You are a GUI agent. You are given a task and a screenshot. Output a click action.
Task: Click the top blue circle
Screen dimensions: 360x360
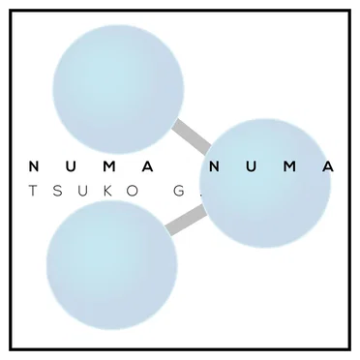coord(118,89)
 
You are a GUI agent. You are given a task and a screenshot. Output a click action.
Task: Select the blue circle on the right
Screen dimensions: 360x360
coord(265,183)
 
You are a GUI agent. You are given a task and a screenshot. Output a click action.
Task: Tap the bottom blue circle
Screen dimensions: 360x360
coord(112,265)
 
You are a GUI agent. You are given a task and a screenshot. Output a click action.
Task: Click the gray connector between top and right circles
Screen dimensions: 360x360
coord(192,136)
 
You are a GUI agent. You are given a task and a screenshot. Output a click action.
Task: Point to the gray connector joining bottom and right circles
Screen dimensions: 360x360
coord(187,220)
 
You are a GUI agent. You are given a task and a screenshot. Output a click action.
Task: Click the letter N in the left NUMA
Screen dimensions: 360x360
coord(34,166)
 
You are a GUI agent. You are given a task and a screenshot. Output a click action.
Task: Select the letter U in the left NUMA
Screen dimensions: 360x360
coord(73,166)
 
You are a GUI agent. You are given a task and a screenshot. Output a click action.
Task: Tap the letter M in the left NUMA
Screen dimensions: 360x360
coord(110,166)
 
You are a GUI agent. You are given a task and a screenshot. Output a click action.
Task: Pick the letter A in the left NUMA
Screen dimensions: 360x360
coord(148,166)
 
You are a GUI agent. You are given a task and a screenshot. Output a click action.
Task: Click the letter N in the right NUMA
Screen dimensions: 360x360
coord(215,166)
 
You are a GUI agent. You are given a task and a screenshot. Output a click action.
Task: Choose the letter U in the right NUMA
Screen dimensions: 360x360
coord(253,166)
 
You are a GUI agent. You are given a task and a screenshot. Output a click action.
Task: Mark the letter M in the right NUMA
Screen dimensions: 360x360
coord(291,166)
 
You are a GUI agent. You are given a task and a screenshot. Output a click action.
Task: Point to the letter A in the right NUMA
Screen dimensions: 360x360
coord(329,166)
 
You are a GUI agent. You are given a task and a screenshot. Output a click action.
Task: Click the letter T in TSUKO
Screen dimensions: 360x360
coord(33,191)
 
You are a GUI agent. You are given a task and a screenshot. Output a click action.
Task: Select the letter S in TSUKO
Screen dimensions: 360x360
coord(57,191)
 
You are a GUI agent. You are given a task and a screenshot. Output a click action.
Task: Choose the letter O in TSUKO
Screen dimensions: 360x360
coord(132,191)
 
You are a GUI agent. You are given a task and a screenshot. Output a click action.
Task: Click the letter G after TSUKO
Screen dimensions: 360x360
coord(178,191)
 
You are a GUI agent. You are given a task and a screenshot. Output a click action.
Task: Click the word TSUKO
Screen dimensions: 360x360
coord(83,191)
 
